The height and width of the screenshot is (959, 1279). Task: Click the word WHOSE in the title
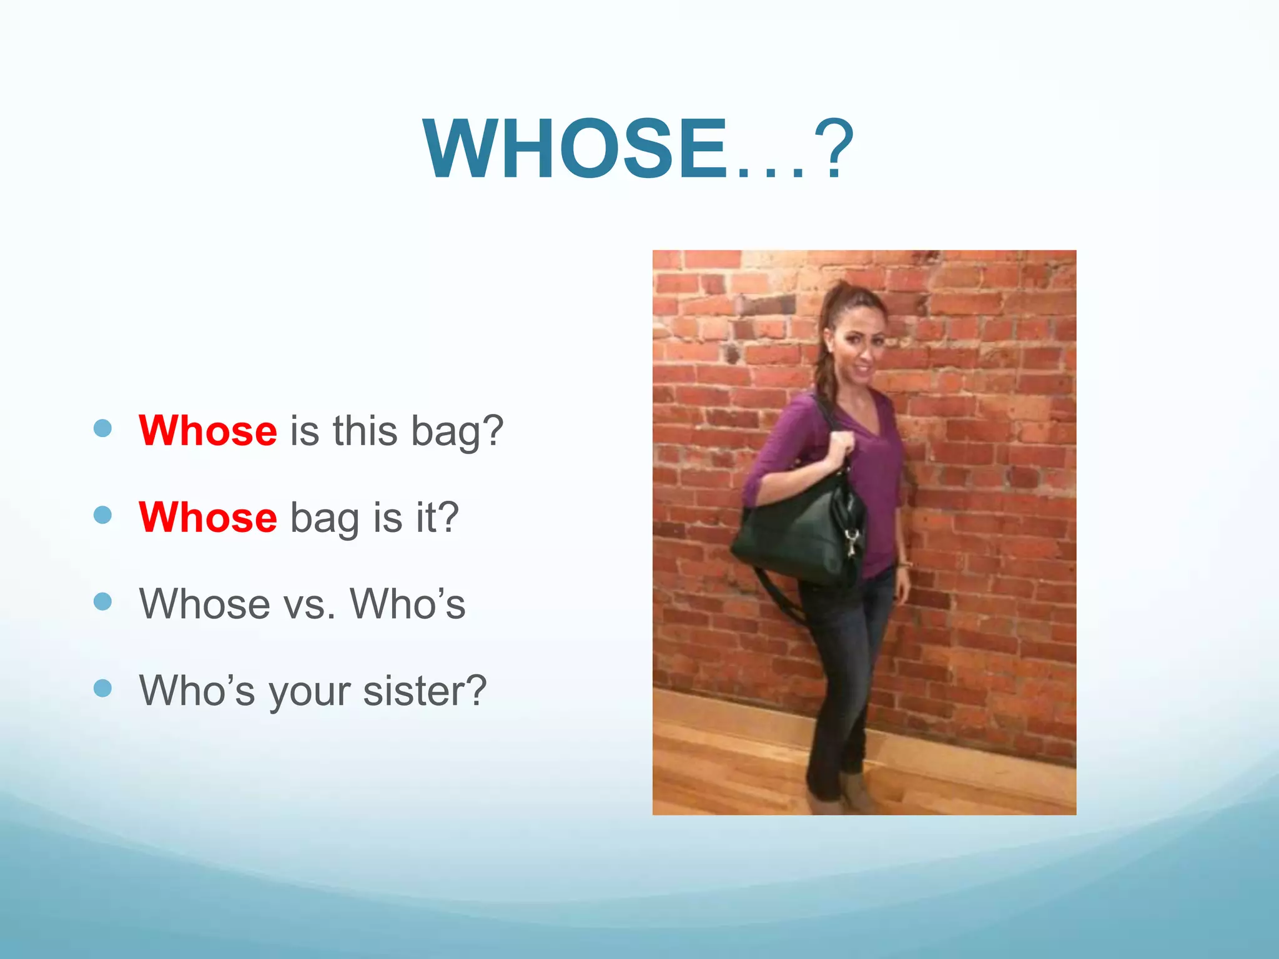(575, 150)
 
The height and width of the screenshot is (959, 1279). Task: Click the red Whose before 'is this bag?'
(208, 431)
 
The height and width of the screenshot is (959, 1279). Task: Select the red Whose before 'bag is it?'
(208, 518)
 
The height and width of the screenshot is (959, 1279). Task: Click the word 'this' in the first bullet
(365, 431)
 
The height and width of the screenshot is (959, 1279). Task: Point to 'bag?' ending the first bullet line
(457, 432)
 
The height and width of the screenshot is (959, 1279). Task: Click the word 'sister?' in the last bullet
(425, 691)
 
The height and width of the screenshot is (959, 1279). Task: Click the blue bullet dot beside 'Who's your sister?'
(102, 688)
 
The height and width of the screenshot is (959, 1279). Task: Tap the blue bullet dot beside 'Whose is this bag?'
(102, 428)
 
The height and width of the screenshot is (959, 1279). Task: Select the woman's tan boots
(849, 793)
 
